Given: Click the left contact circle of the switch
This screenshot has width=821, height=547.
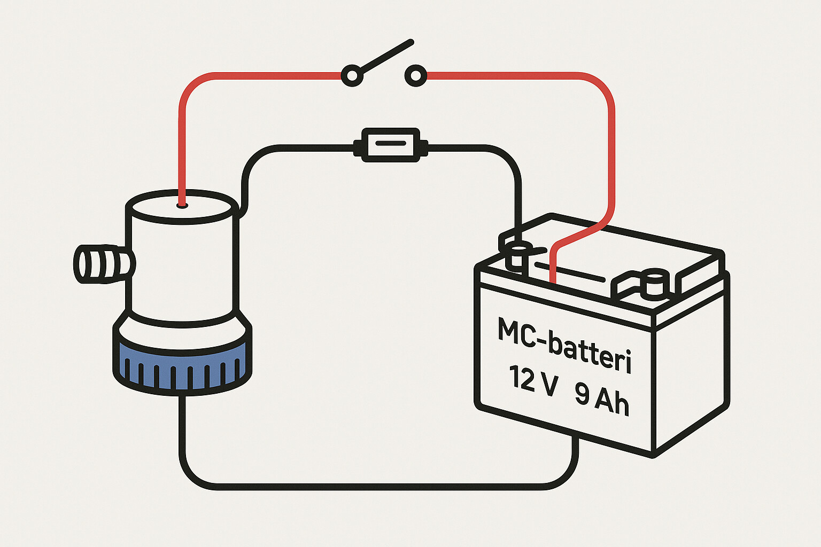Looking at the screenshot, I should coord(352,75).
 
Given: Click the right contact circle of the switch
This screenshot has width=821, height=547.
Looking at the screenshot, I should coord(415,75).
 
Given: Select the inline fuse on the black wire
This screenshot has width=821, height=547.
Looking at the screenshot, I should coord(390,144).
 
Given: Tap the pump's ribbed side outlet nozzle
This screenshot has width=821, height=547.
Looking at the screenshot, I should coord(102,264).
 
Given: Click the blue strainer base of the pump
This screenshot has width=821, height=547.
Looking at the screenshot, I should coord(182,369).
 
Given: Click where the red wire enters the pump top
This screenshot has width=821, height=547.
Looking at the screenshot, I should coord(182,204).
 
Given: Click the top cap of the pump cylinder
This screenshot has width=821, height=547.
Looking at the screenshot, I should coord(182,207).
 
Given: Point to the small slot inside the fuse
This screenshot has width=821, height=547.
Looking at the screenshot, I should coord(390,143).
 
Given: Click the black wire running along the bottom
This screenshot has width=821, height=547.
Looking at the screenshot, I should coord(374,486).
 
